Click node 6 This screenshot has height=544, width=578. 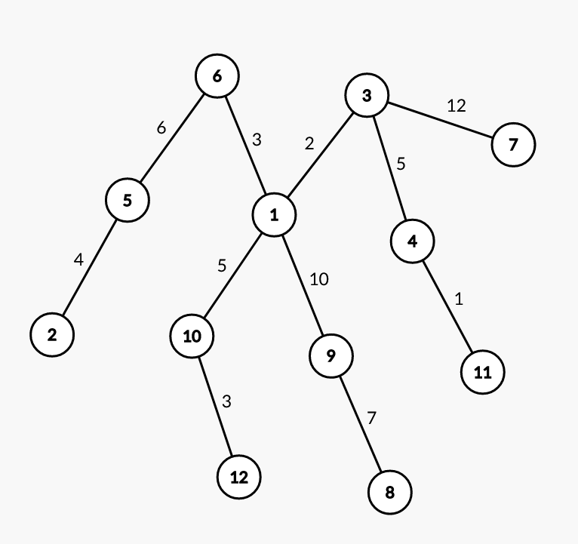(x=217, y=75)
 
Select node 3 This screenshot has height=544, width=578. (x=367, y=96)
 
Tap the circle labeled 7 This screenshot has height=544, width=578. (x=513, y=144)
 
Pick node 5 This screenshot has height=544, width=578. (x=127, y=200)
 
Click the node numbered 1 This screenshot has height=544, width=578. (x=273, y=215)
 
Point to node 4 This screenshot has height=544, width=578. (x=413, y=241)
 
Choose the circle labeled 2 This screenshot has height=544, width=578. (x=52, y=334)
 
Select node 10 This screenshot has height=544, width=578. (x=192, y=336)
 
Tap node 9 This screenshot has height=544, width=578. (x=331, y=355)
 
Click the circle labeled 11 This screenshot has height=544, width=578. (x=482, y=372)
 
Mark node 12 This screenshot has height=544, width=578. (x=238, y=477)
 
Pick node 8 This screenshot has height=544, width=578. (x=389, y=493)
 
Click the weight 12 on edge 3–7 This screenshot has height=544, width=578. (x=457, y=105)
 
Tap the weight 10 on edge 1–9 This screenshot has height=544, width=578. (x=318, y=279)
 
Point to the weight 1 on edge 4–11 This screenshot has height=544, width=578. (x=459, y=299)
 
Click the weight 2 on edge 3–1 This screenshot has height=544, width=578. (x=309, y=143)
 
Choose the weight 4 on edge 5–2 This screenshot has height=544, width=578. (x=78, y=260)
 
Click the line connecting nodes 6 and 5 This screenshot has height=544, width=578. (x=172, y=138)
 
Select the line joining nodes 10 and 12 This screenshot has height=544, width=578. (x=215, y=406)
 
